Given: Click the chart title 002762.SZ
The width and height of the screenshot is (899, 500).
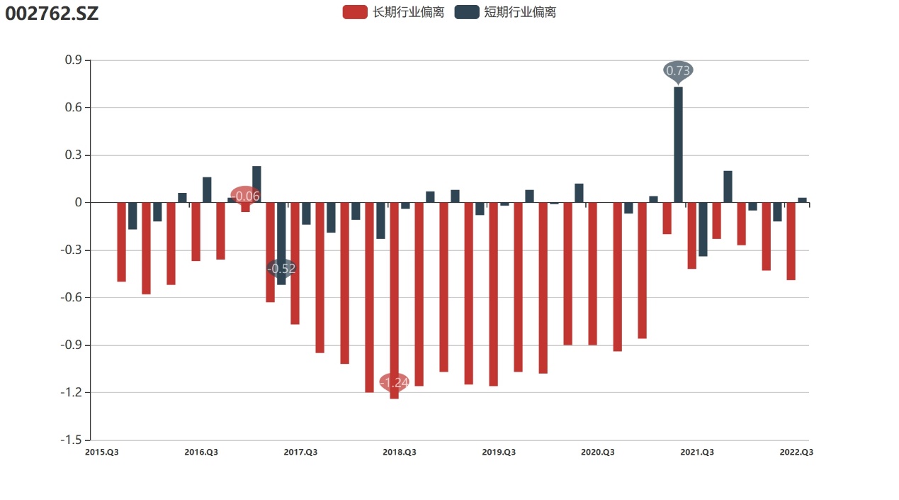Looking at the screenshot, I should point(52,13).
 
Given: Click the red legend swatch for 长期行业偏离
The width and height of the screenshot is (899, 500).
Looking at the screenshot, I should point(354,12).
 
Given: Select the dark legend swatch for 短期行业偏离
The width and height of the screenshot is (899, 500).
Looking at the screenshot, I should point(466,12).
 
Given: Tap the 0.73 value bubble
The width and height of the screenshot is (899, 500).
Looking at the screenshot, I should point(678,70).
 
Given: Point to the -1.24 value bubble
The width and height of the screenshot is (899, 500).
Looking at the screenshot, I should point(395,382).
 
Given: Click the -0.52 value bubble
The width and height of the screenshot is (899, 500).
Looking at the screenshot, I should point(282,268).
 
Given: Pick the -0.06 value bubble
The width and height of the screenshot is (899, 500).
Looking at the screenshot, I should point(246,196).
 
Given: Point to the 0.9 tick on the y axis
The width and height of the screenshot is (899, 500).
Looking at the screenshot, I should point(74,60).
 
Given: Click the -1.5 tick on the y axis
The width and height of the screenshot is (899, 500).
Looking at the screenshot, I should point(72,440).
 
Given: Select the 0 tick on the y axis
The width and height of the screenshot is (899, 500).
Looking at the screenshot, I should point(78,203).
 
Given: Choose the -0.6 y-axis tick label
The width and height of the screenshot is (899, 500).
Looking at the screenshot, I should point(72,298).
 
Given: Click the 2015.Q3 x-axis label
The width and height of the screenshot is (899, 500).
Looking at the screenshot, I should point(101,452).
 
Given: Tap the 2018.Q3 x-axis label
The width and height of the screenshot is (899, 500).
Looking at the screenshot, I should point(400,452).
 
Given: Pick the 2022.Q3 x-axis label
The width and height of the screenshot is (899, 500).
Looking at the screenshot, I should point(796,452).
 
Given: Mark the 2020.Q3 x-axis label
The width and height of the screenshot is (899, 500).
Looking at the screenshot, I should point(598,452).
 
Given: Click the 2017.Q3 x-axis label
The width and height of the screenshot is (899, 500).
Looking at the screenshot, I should point(300,452).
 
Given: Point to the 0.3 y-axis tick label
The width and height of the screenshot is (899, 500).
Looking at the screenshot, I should point(74,155).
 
